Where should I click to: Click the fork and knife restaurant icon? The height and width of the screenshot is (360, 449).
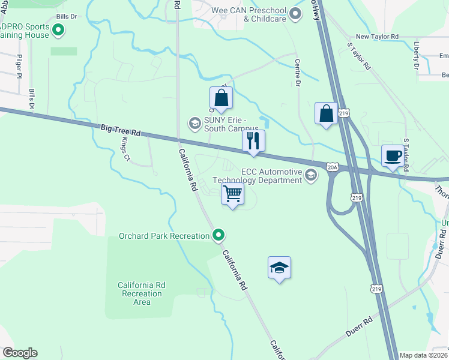tap(253, 141)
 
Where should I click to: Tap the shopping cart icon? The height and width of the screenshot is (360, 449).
tap(232, 194)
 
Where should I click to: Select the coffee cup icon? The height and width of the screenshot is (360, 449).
tap(393, 155)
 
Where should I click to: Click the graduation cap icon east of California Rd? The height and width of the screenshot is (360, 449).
tap(279, 268)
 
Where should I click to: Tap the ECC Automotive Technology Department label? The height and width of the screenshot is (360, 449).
tap(271, 176)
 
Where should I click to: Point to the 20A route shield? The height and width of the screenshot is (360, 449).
tap(333, 167)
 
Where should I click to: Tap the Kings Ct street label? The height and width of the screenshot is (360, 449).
tap(125, 149)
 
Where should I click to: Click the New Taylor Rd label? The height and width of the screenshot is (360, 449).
tap(377, 37)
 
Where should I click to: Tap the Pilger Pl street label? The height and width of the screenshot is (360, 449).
tap(19, 67)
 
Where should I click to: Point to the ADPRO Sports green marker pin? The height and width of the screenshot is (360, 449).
tap(58, 29)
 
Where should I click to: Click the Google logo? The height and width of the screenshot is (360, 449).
tap(20, 353)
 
